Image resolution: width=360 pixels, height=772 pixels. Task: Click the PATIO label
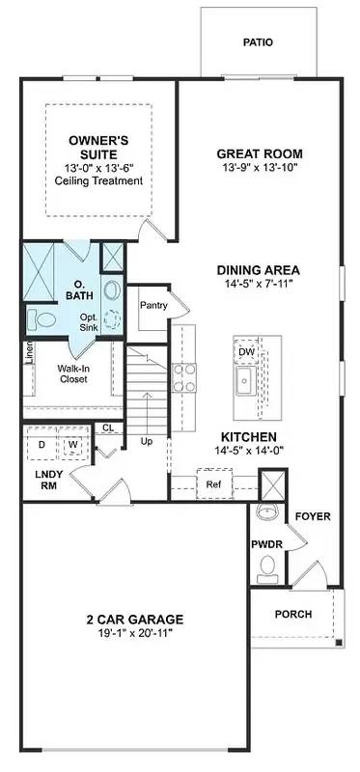coord(258,42)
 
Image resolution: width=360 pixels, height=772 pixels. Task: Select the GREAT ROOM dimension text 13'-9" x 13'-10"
coord(259,168)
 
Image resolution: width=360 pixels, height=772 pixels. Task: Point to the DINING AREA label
coord(258,269)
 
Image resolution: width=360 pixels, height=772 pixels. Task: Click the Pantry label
coord(153,306)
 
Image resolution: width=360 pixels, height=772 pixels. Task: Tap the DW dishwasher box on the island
coord(246,352)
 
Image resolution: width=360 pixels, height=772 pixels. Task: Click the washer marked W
coord(72,445)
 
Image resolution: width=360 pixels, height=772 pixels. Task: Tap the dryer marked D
coord(42,445)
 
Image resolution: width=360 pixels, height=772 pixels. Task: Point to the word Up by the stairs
coord(147,441)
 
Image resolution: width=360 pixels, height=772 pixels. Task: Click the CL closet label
coord(108,427)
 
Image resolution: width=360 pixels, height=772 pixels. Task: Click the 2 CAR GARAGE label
coord(134,619)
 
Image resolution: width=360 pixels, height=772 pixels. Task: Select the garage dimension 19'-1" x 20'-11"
coord(134,634)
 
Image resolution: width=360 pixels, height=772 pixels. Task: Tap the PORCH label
coord(292,614)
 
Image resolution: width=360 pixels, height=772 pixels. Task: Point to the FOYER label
coord(313,516)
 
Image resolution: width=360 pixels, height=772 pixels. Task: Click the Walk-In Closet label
coord(72,373)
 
